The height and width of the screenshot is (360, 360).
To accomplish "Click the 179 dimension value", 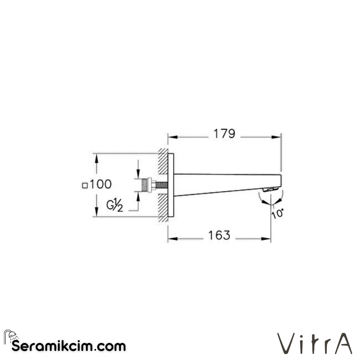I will point(224,134).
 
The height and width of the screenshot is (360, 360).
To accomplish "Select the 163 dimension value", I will point(219,235).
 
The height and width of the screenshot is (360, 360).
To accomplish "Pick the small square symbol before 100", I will point(85,185).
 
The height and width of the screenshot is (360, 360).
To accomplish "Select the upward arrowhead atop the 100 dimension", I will point(96,158).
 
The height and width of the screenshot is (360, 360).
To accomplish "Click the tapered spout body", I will point(223,183).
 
